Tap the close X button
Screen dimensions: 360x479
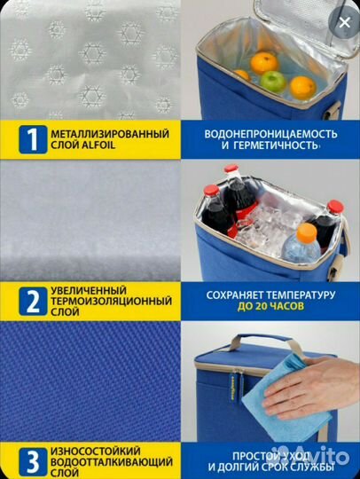[x=344, y=22]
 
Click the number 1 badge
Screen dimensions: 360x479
[x=33, y=139]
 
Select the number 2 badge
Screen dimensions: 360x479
[x=33, y=301]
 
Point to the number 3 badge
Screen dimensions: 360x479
[x=33, y=462]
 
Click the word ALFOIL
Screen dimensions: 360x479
[x=98, y=145]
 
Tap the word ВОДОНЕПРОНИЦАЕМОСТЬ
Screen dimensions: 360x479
[x=270, y=134]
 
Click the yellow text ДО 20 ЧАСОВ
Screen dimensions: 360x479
[x=270, y=306]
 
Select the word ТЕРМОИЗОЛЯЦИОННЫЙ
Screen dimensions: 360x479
[x=111, y=302]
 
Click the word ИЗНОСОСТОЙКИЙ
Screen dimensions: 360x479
[x=96, y=452]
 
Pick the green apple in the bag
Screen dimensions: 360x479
[x=273, y=81]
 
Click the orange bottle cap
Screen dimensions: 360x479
[x=307, y=232]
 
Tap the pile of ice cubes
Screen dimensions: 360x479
[x=269, y=228]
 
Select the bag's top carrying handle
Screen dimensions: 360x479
[x=262, y=340]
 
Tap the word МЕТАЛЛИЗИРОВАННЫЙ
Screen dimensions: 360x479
[x=110, y=134]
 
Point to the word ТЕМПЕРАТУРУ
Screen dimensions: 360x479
[x=301, y=295]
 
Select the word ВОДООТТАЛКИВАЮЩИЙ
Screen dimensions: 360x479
[x=112, y=462]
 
